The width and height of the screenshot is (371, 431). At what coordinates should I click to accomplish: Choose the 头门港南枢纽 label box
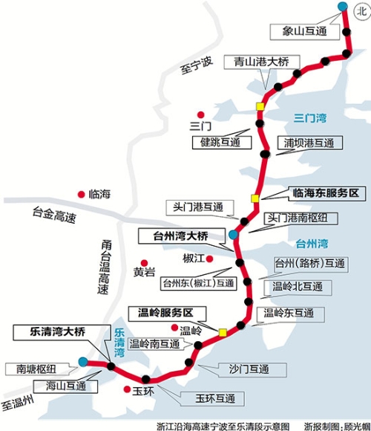point(302,218)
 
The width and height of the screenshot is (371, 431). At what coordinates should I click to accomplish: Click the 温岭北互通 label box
point(298,286)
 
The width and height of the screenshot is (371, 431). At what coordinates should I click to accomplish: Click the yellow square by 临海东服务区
point(255,198)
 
